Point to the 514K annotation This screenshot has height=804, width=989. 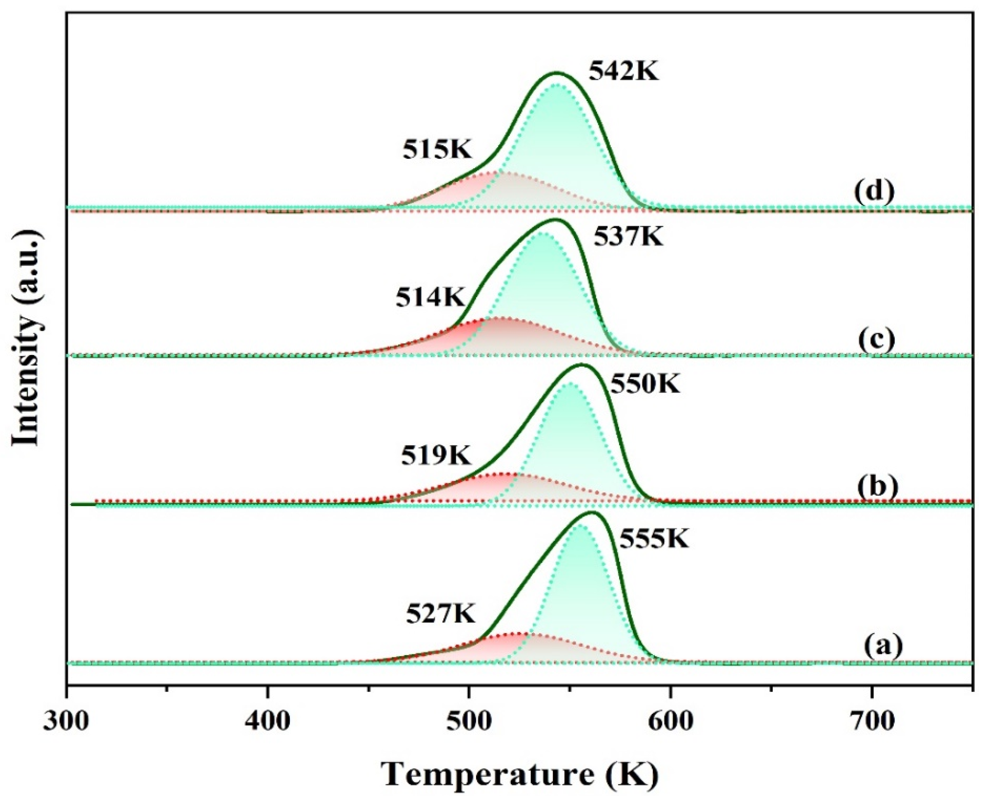tap(430, 298)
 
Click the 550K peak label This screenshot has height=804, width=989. tap(645, 384)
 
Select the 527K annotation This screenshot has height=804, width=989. tap(441, 614)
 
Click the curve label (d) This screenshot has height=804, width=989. tap(874, 193)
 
